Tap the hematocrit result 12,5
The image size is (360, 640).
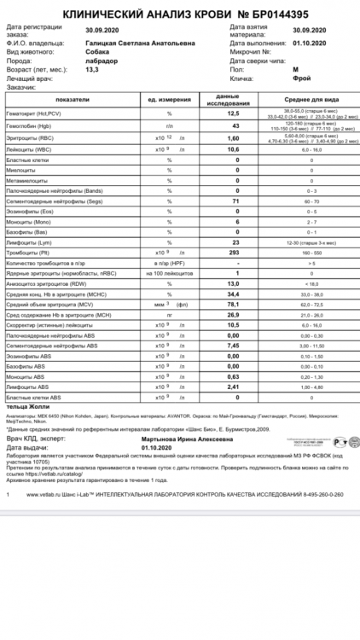coord(231,114)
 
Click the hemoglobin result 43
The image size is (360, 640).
coord(231,126)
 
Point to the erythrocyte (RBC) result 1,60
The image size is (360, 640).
coord(231,139)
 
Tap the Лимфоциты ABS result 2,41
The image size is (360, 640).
coord(231,386)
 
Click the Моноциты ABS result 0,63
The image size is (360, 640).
coord(231,375)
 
